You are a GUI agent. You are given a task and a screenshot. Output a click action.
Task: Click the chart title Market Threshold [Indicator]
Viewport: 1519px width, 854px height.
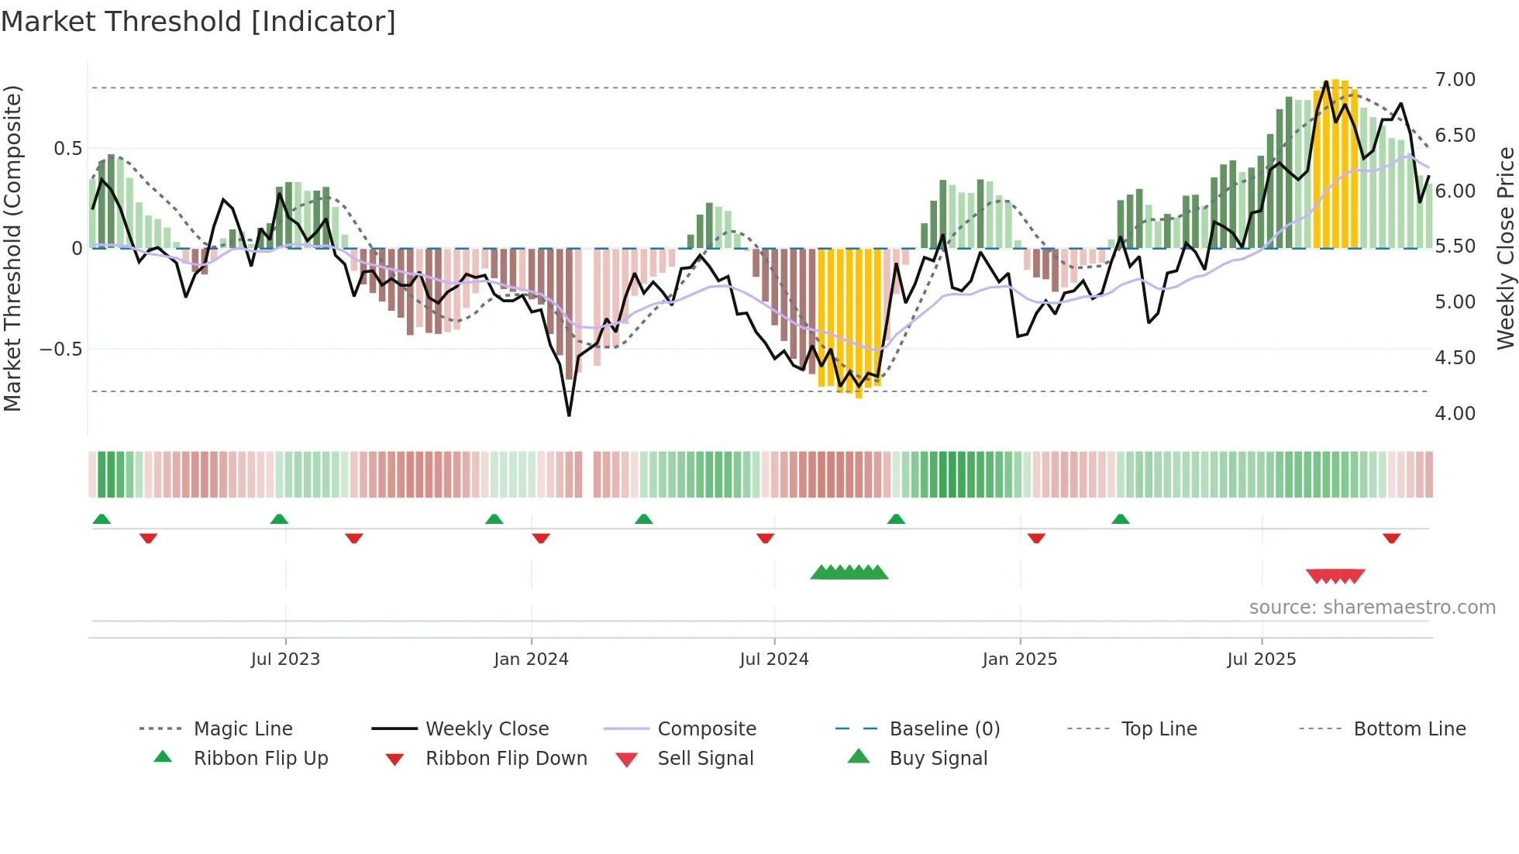[198, 22]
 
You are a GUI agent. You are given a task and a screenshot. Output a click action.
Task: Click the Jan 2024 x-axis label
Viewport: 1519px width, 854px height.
[531, 659]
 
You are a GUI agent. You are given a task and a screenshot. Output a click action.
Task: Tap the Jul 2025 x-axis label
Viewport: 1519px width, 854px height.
[1261, 659]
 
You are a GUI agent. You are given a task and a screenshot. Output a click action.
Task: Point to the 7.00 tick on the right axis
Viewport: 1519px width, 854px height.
[1455, 80]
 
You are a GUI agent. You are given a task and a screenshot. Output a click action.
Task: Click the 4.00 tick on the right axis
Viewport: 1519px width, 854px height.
[1455, 414]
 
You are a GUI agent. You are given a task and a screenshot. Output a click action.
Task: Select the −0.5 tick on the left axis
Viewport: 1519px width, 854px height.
[61, 350]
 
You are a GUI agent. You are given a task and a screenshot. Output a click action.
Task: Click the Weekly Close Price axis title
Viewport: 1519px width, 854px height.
[1505, 248]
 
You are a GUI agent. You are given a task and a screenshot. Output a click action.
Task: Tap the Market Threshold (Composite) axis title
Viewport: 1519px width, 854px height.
[12, 248]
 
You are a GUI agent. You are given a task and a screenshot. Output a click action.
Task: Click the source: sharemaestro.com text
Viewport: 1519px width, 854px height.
[1372, 608]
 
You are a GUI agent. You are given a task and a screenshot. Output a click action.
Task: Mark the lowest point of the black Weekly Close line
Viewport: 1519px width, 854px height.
[569, 415]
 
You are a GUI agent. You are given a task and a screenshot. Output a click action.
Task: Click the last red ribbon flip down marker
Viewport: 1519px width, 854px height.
[1391, 538]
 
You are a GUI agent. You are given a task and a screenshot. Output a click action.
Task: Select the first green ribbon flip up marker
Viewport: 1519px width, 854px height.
[102, 519]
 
